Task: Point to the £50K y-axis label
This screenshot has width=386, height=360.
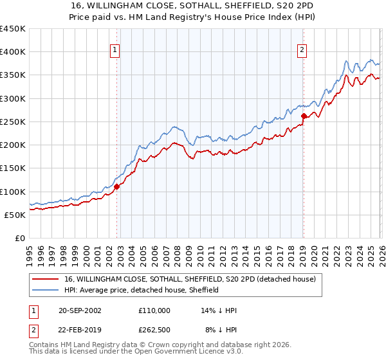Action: [15, 215]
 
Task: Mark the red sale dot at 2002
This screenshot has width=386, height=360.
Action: [117, 187]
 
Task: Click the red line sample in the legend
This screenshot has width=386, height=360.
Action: [46, 280]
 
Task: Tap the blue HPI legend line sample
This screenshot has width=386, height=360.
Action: [46, 290]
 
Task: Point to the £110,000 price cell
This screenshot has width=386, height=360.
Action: [154, 310]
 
